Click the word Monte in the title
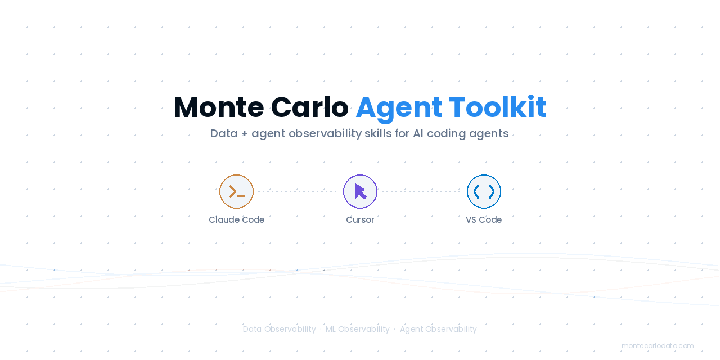218,107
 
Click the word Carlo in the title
309,107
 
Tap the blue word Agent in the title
399,107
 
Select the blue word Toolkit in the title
498,107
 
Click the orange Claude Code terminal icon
236,191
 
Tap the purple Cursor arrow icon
360,191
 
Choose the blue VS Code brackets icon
484,191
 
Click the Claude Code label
236,220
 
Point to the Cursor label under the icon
360,220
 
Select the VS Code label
484,220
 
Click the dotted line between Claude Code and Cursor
298,191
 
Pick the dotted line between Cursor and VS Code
422,191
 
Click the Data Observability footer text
279,329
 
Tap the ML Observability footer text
357,329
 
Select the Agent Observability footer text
438,329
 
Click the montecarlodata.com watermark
658,346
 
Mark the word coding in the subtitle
450,134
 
